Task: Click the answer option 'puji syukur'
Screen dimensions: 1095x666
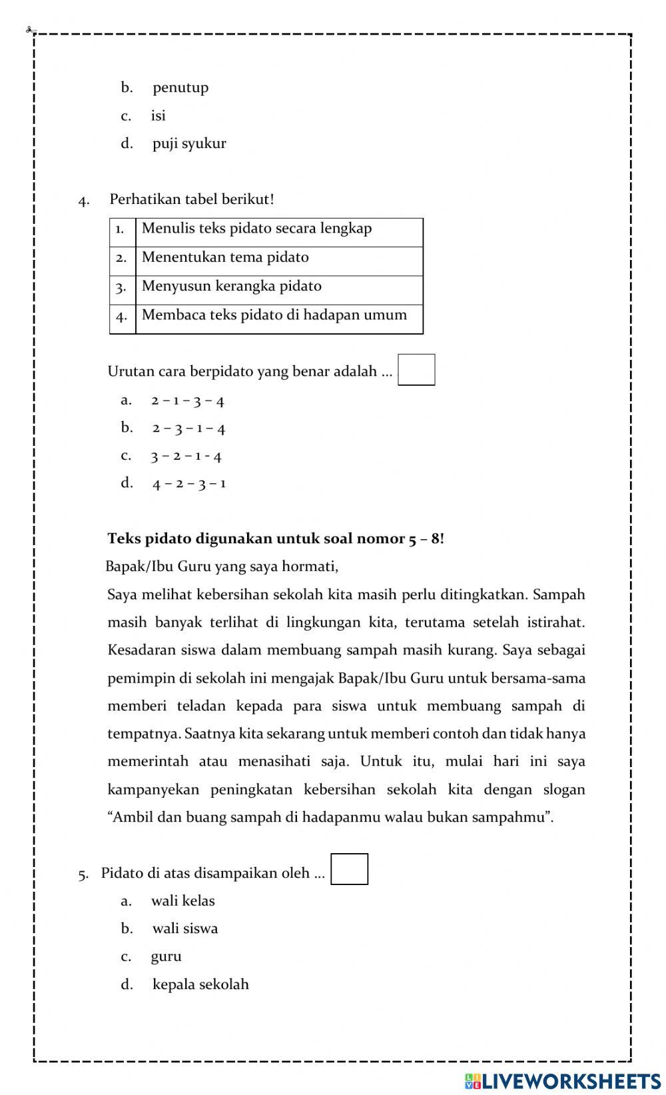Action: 188,143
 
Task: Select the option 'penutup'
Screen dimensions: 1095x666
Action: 180,87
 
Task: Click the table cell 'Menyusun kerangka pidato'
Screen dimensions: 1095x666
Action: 231,286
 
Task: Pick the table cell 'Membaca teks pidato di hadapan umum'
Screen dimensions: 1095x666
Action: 274,315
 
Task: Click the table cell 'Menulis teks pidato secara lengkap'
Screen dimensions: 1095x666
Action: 256,229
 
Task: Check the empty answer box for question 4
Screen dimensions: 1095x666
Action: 416,370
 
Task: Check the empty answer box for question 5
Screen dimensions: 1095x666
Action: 350,869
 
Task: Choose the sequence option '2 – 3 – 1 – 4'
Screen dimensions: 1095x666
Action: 188,428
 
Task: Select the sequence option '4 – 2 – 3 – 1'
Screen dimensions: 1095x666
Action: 188,483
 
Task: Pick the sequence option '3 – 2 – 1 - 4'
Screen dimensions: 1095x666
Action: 186,456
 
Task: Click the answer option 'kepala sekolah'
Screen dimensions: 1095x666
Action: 200,984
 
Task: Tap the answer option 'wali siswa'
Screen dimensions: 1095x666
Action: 184,928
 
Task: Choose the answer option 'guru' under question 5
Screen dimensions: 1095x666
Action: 166,956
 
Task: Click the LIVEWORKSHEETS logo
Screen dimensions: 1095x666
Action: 563,1080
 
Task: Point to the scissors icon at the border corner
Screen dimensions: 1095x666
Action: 31,30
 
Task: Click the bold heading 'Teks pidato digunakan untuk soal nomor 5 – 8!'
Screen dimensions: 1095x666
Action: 276,539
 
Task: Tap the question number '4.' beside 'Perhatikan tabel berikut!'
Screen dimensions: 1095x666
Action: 84,201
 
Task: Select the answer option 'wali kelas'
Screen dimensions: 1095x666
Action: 182,901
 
